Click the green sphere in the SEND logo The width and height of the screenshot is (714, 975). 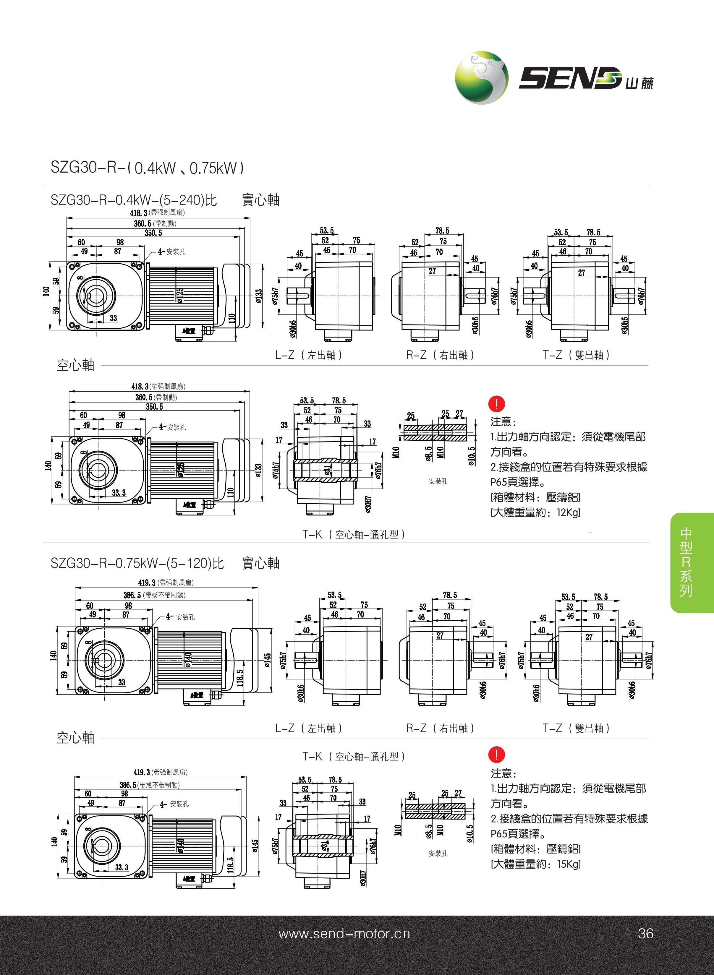point(481,78)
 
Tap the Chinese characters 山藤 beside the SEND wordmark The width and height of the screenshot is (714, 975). point(639,82)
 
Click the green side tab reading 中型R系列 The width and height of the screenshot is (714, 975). point(686,562)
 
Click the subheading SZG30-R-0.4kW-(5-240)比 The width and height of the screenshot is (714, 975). point(134,200)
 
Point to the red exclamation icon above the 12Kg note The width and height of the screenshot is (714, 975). point(497,404)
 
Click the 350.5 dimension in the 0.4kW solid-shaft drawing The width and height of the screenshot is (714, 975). point(153,233)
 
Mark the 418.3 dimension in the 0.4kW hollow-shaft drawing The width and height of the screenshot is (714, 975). point(140,386)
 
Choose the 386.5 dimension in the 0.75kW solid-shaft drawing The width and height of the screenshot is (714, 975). point(132,595)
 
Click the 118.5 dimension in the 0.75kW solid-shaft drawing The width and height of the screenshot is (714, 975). point(240,677)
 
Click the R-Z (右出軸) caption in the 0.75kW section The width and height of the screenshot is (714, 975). point(440,728)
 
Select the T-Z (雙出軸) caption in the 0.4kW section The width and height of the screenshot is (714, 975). point(576,355)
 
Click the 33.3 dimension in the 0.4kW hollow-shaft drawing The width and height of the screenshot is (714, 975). point(119,492)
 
